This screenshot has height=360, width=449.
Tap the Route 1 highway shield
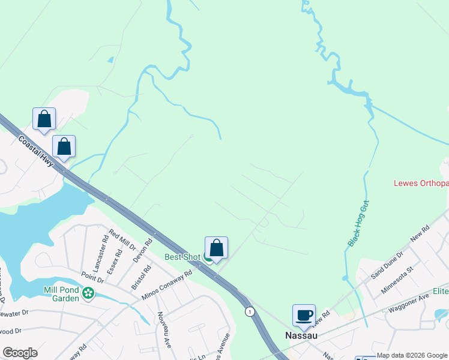250,311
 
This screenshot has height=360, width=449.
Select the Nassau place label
300,336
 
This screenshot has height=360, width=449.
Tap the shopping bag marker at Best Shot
216,248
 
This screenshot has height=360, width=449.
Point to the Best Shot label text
182,257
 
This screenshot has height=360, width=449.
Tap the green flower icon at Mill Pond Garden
88,293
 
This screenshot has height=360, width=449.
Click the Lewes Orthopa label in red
421,184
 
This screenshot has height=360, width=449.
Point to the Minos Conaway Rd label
167,284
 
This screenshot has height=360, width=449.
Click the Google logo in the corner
20,353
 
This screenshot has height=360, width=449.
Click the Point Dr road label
92,275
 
